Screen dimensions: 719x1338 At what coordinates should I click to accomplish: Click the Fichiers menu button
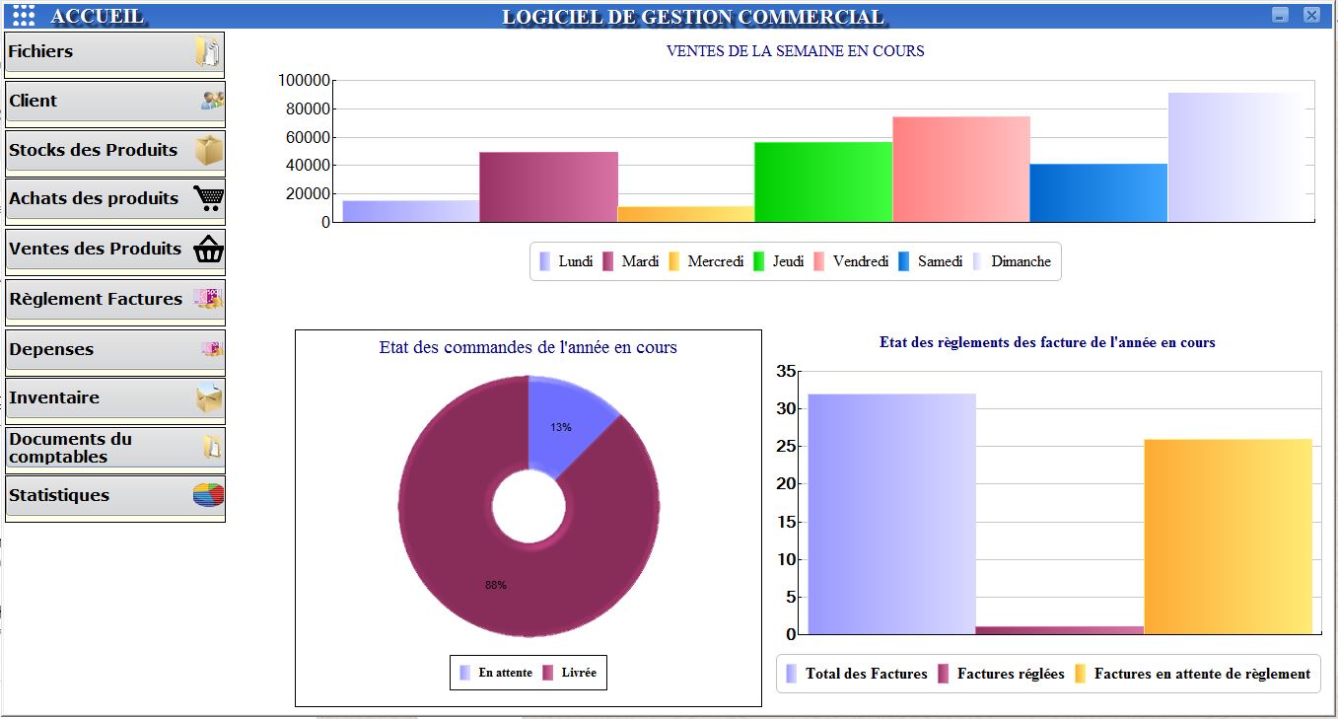(x=114, y=53)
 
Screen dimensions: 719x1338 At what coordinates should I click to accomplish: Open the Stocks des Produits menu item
(x=114, y=151)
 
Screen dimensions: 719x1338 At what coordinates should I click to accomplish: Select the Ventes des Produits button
(x=114, y=250)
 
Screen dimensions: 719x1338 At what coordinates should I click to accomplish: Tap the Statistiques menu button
(x=114, y=496)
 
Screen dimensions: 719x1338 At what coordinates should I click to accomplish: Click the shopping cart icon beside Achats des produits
(x=208, y=199)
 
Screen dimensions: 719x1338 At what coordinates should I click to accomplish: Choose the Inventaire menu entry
(x=114, y=398)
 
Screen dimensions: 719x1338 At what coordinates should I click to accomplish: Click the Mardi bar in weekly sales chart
(x=548, y=186)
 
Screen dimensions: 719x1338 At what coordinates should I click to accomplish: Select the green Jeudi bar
(x=823, y=181)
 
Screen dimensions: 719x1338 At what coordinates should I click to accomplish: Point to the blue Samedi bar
(x=1098, y=192)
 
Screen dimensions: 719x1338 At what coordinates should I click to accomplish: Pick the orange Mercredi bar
(x=686, y=214)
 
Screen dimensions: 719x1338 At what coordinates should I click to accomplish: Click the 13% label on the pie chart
(x=561, y=427)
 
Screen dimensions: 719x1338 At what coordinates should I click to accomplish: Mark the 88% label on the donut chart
(x=495, y=585)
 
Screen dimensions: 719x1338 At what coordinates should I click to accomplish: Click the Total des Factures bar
(x=891, y=513)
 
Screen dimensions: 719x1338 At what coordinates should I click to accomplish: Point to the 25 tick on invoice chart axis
(x=786, y=447)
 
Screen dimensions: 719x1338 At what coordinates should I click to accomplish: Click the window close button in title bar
(x=1310, y=15)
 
